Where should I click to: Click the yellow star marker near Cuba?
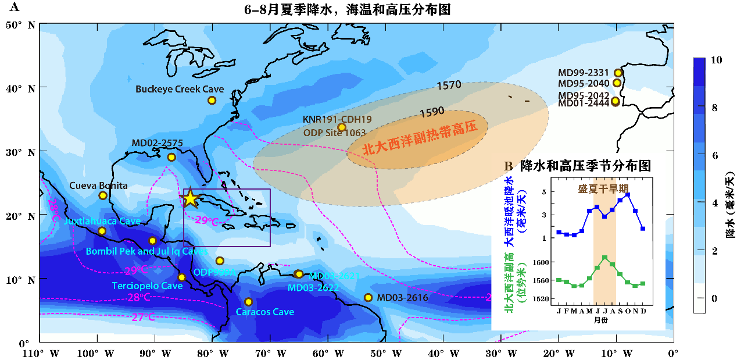(x=190, y=199)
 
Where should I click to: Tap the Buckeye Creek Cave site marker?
(x=212, y=100)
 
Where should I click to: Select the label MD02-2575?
(x=157, y=143)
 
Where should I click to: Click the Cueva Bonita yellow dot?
(x=103, y=195)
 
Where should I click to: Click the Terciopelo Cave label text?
(x=147, y=286)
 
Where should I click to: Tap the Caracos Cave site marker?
(x=248, y=302)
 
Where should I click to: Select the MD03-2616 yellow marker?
(x=368, y=298)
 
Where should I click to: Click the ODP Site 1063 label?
(x=334, y=133)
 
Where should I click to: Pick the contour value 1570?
(x=449, y=86)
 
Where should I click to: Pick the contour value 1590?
(x=432, y=111)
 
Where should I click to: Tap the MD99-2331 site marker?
(x=618, y=73)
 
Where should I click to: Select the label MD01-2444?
(x=584, y=103)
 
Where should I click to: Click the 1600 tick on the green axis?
(x=541, y=262)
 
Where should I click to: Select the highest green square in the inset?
(x=605, y=257)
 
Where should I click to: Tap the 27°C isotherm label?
(x=143, y=317)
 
